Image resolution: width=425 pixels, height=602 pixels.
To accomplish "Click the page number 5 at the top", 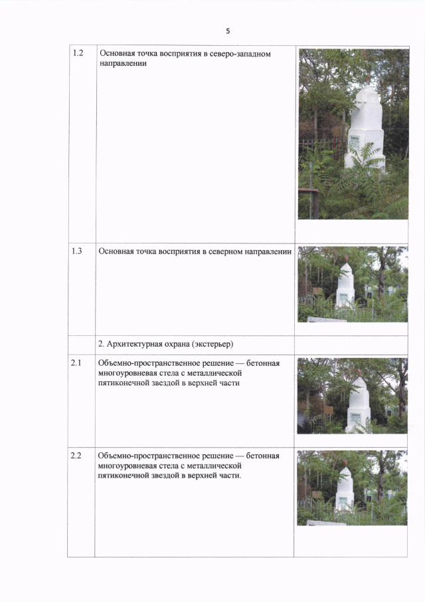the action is click(228, 31).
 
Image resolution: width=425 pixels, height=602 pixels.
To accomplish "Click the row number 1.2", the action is click(78, 53).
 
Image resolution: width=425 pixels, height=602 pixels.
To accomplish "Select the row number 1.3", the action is click(76, 251).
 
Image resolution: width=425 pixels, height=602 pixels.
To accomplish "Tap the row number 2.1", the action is click(76, 363).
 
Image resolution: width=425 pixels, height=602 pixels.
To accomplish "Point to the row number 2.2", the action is click(76, 456).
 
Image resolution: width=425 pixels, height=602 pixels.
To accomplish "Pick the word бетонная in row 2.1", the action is click(263, 363).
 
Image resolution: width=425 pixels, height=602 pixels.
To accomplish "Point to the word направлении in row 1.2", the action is click(123, 64).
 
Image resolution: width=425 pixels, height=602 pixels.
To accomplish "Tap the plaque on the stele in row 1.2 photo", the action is click(355, 143).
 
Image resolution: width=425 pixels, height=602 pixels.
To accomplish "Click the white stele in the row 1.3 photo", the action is click(345, 286).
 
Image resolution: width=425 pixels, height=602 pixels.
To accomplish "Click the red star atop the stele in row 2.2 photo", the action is click(345, 464).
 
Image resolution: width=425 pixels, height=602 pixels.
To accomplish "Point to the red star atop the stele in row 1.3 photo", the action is click(346, 259).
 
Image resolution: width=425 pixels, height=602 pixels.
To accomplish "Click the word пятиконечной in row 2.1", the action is click(123, 383).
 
